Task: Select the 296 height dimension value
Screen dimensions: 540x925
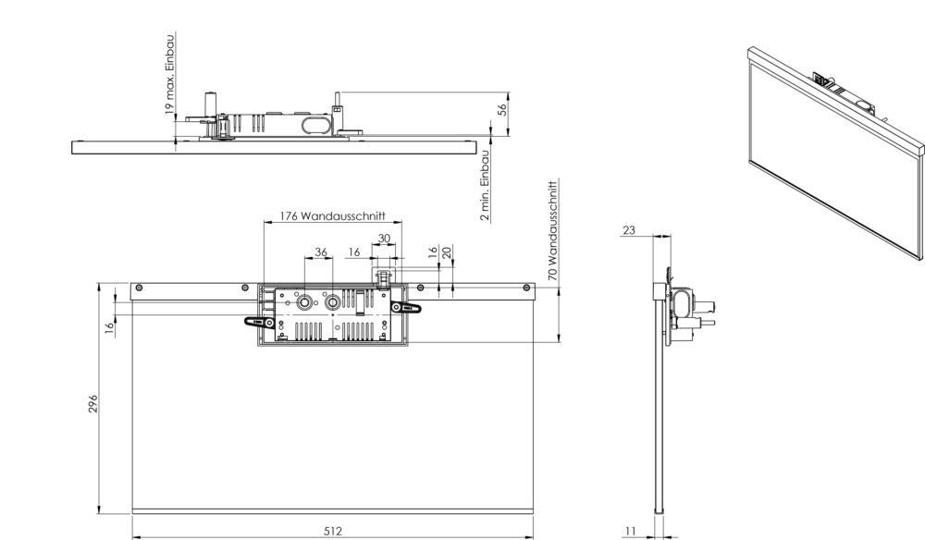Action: pyautogui.click(x=93, y=404)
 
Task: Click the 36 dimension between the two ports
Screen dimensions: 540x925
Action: pyautogui.click(x=320, y=252)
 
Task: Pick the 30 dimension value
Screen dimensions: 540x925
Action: pyautogui.click(x=383, y=238)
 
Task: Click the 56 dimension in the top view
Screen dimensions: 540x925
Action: pyautogui.click(x=502, y=109)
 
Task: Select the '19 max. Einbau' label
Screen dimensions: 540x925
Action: pyautogui.click(x=169, y=73)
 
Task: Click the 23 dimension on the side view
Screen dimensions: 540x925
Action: pyautogui.click(x=629, y=230)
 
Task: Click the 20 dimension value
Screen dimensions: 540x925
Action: pyautogui.click(x=447, y=252)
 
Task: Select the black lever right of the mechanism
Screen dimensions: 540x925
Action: pyautogui.click(x=407, y=308)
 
